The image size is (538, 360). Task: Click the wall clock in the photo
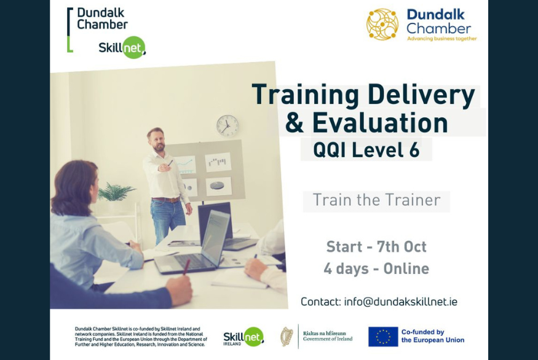[227, 126]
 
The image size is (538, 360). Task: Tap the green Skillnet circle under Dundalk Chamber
[134, 47]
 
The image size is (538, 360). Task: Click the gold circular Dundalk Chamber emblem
[382, 25]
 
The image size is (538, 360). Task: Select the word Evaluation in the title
[380, 122]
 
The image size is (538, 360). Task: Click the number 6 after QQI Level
[414, 150]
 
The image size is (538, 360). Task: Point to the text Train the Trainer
[376, 200]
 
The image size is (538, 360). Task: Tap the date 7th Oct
[402, 246]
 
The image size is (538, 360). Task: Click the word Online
[406, 268]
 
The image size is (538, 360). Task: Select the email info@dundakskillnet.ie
[401, 302]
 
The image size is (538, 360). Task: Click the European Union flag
[383, 336]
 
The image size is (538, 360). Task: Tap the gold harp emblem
[287, 336]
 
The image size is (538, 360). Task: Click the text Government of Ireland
[328, 339]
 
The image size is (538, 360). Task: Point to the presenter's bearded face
[157, 141]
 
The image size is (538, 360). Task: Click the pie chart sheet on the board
[218, 186]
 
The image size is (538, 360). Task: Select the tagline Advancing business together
[442, 39]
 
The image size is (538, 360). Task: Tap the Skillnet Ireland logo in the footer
[243, 337]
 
